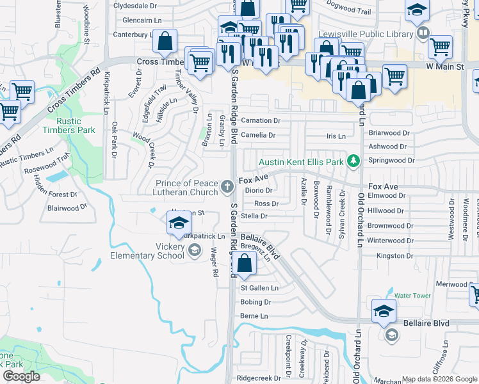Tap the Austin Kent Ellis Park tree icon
[x=352, y=161]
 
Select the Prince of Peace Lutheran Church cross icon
[x=227, y=187]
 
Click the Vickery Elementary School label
[x=156, y=251]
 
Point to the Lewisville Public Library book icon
[x=422, y=33]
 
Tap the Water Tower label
[x=412, y=296]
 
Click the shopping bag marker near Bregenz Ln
[x=244, y=263]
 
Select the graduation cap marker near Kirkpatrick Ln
[x=179, y=223]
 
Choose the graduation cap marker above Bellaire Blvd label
[x=383, y=310]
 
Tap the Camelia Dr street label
[x=258, y=135]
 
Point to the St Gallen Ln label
[x=259, y=288]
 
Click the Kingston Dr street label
[x=391, y=255]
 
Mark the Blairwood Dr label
[x=67, y=208]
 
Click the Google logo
[x=21, y=376]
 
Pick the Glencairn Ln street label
[x=134, y=20]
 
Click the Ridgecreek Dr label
[x=259, y=378]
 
